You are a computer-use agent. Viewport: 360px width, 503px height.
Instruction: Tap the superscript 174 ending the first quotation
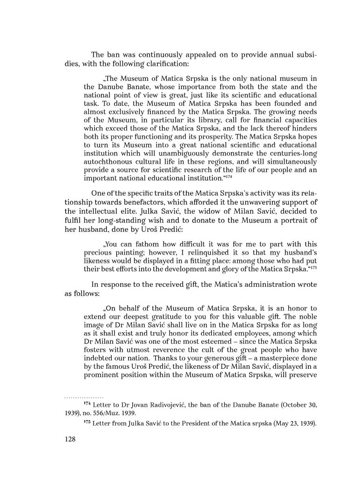tap(229, 177)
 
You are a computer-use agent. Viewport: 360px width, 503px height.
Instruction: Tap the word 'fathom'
tap(142, 244)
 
